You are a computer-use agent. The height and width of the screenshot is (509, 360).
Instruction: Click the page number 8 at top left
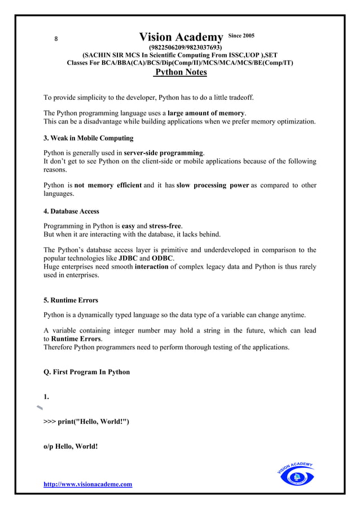pos(55,39)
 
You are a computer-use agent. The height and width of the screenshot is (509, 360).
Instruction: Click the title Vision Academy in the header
pos(181,38)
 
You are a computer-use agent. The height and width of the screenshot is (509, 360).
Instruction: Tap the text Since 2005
pos(242,36)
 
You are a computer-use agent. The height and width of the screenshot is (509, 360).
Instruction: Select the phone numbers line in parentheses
pos(185,47)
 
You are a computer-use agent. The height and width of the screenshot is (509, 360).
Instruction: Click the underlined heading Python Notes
pos(181,72)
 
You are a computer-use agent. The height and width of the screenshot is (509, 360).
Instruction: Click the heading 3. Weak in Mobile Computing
pos(89,138)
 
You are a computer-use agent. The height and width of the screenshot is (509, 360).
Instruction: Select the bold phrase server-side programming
pos(163,153)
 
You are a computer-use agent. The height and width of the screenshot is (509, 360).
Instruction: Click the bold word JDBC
pos(128,258)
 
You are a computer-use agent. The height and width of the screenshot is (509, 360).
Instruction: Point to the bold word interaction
pos(151,266)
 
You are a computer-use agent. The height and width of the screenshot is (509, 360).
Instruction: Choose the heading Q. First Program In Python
pos(86,372)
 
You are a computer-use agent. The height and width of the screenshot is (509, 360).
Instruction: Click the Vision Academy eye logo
pos(296,475)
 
